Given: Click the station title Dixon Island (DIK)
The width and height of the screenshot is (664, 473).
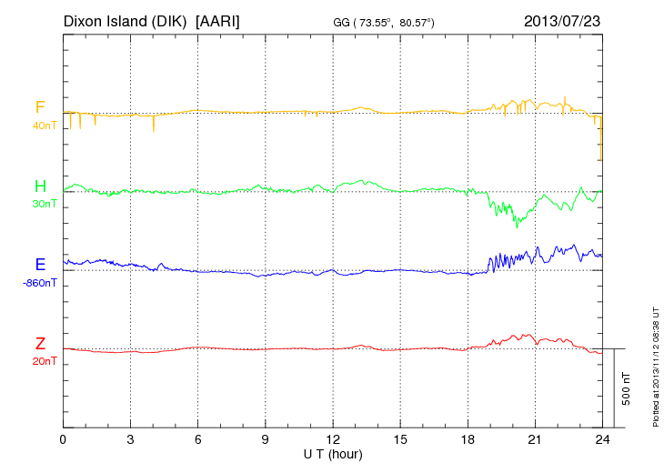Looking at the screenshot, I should [126, 20].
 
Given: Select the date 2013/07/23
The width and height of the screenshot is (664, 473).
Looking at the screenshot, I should [562, 20].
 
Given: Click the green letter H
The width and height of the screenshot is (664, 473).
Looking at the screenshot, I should [40, 186].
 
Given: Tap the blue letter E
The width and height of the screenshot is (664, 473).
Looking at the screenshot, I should [40, 265].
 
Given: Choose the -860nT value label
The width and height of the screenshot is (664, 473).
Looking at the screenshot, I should [40, 282].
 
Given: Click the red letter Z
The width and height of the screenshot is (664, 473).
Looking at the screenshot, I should [40, 343].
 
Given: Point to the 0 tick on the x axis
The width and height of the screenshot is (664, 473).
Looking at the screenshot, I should [63, 439].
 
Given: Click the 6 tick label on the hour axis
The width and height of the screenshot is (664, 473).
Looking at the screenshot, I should [198, 439].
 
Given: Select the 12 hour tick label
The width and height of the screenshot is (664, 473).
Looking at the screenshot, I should [333, 439].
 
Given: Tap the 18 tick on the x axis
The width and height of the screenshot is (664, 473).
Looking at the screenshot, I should [468, 439].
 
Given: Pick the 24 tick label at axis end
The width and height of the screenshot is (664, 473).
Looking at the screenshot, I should [602, 439].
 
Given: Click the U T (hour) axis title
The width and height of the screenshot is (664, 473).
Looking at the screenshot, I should [333, 453].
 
